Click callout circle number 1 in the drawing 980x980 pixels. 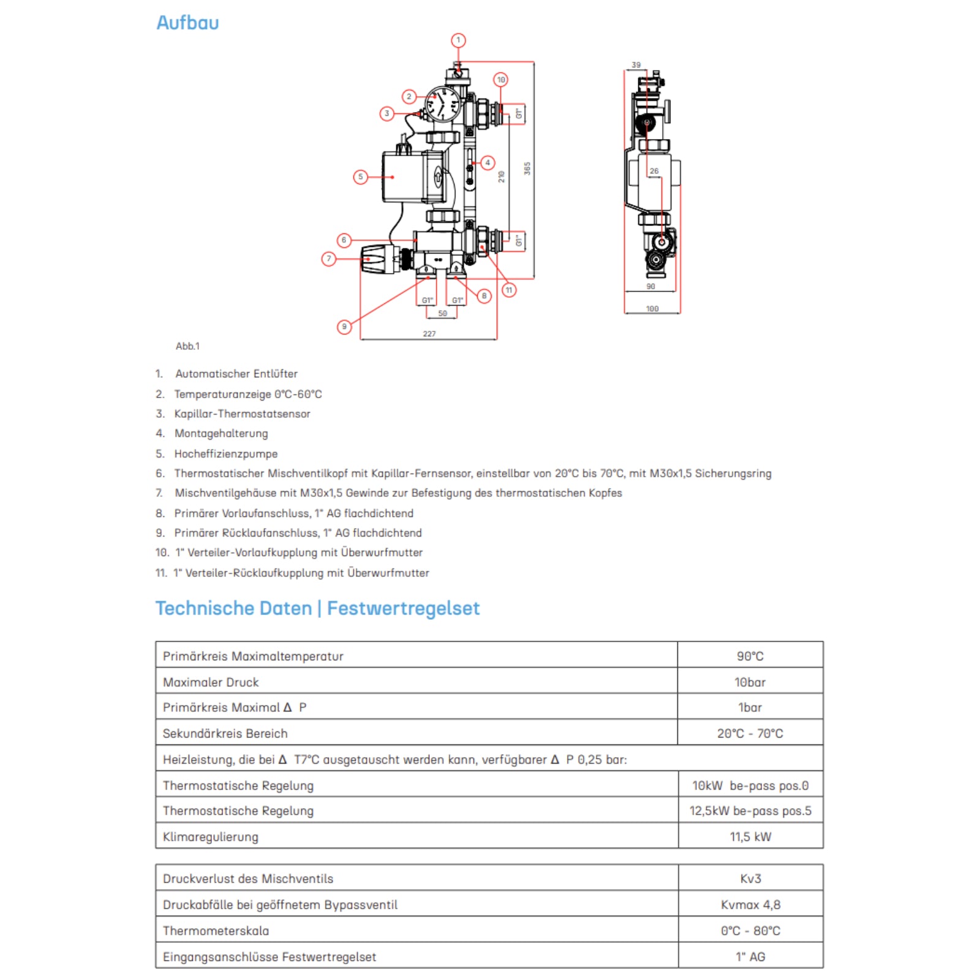point(458,40)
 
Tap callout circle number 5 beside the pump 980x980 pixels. point(360,177)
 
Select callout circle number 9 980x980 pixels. point(344,327)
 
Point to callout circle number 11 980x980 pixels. point(509,290)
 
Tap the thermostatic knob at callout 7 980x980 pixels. point(375,259)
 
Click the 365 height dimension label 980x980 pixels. point(527,168)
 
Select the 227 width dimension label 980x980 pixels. point(429,334)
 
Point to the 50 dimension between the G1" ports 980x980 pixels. point(442,314)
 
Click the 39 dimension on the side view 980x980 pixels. point(636,65)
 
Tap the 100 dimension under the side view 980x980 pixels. point(652,309)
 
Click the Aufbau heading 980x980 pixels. point(187,23)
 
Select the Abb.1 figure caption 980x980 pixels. point(187,346)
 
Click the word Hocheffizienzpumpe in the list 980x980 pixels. point(226,454)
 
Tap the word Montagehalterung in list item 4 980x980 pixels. point(221,434)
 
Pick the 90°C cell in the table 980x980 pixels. point(750,656)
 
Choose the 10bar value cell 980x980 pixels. point(750,682)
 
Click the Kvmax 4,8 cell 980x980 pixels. point(750,905)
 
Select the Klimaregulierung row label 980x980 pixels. point(211,837)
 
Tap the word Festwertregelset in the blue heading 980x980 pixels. point(403,608)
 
